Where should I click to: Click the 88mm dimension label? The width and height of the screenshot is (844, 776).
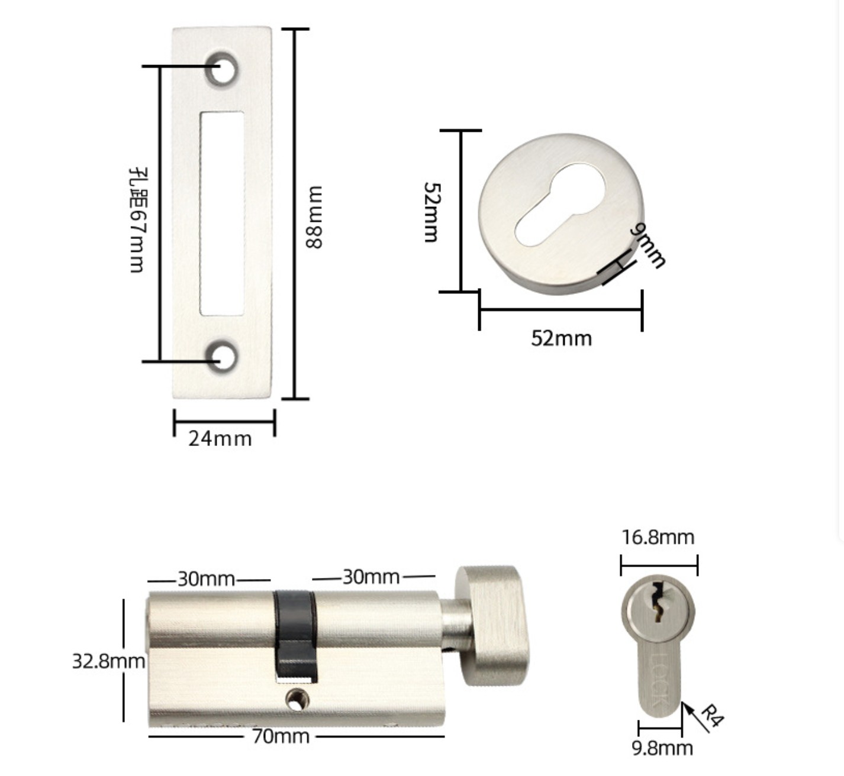(314, 217)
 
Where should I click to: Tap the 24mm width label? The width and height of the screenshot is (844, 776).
(220, 439)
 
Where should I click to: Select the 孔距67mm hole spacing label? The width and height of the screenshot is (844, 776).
(137, 220)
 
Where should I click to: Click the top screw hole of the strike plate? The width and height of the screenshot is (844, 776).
(222, 69)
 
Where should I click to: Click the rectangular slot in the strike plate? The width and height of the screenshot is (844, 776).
(222, 214)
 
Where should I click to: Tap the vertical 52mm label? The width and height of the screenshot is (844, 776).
(431, 212)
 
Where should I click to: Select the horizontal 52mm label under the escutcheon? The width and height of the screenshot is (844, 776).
(561, 338)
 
